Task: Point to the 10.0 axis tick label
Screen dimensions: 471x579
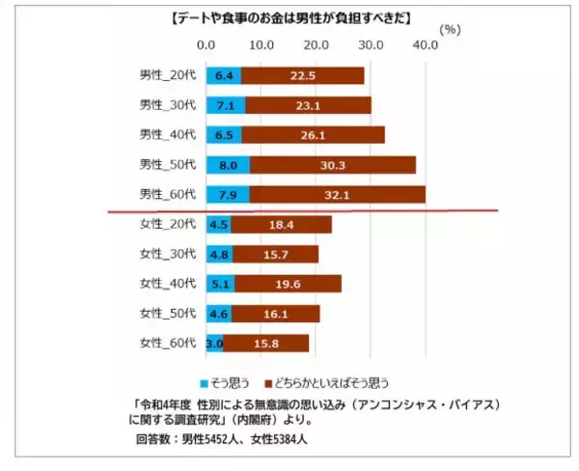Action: [x=261, y=45]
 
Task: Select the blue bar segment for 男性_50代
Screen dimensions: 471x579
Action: [x=228, y=164]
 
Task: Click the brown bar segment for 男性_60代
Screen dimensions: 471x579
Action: [x=337, y=195]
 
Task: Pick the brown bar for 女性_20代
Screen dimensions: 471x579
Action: [x=281, y=225]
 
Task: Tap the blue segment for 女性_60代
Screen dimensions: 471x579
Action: [x=214, y=343]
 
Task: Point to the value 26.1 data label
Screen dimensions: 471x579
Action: [x=313, y=135]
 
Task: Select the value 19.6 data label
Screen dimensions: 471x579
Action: [x=288, y=284]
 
